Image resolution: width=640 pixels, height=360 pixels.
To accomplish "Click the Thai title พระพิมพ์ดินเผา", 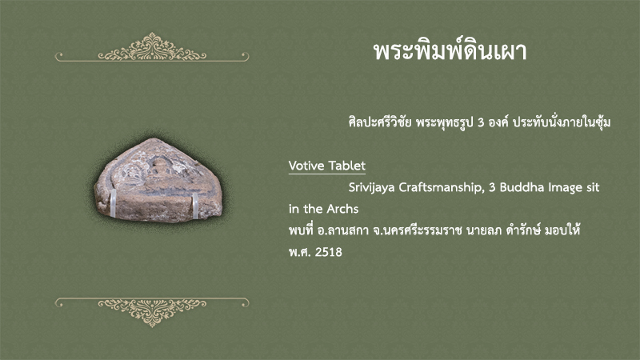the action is coord(450,51).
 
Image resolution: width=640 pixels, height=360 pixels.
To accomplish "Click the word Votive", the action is coord(306,166).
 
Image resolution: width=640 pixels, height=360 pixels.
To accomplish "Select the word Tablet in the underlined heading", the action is coord(347,166).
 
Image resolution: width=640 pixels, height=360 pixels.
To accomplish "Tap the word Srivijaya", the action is coord(371,188).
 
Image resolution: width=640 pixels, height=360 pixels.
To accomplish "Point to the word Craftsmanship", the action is coord(442,188).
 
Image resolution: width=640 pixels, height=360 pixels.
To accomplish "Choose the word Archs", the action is coord(342,209).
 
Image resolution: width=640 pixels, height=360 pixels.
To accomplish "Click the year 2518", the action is coord(329,252).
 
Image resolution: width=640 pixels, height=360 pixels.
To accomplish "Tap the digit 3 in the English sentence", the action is coord(492,188).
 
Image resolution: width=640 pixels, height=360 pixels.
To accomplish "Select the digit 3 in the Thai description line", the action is coord(481,122).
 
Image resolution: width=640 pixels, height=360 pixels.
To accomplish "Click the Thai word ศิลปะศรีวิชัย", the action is coord(379,122).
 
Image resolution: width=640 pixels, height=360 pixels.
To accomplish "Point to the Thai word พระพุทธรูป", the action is coord(445,122).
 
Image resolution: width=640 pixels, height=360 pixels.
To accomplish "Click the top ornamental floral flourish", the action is coord(152,47).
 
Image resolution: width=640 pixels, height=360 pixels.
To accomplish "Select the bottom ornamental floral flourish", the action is coord(152,312).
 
